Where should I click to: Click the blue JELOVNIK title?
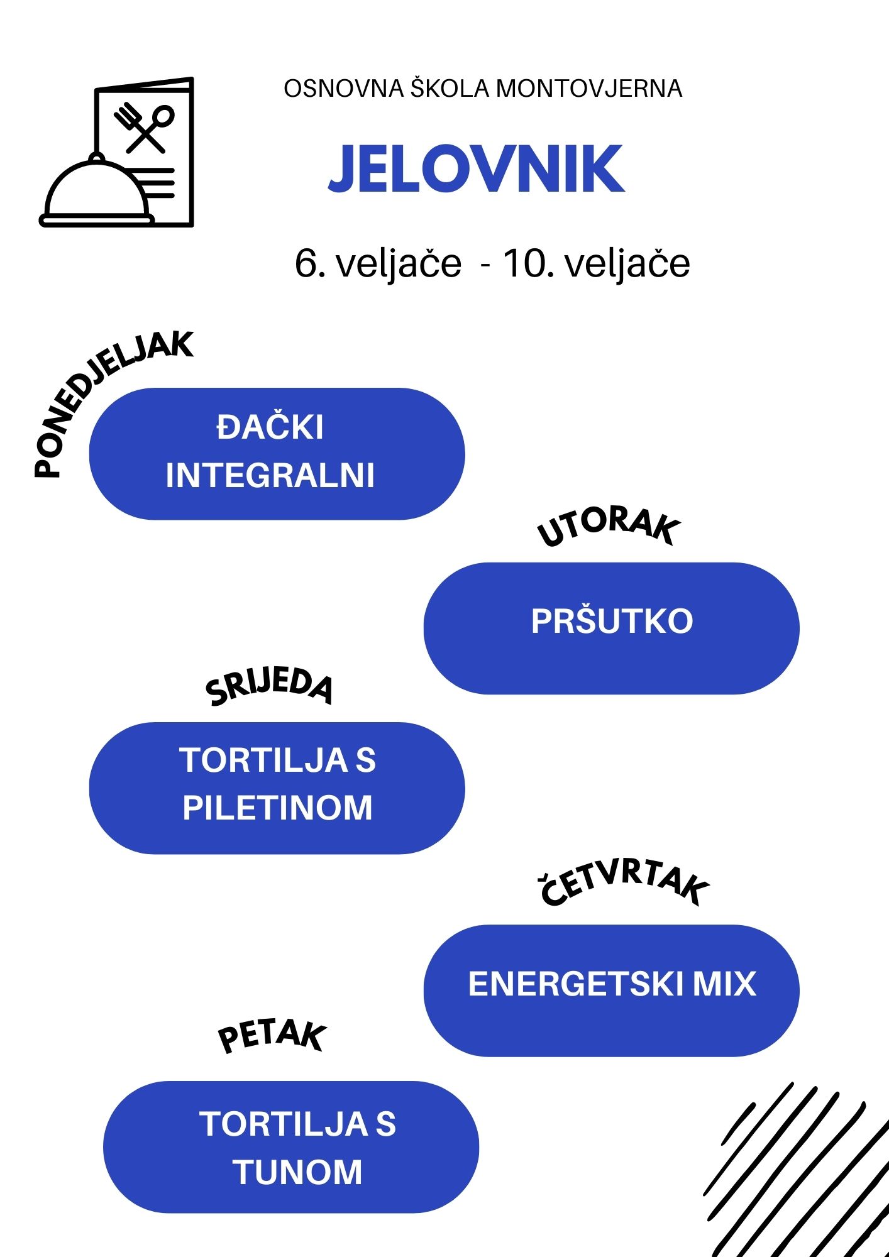pos(477,168)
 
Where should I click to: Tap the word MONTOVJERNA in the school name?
pos(589,89)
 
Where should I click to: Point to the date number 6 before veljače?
pos(305,263)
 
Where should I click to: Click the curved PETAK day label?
pos(272,1036)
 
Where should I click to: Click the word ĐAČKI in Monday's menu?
pos(270,427)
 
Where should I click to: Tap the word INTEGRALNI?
pos(270,475)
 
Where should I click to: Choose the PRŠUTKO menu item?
pos(612,621)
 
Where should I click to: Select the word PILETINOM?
pos(277,808)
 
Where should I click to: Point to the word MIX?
pos(724,984)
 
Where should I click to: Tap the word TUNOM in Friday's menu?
pos(297,1172)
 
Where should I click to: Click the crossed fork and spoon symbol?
pos(144,128)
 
